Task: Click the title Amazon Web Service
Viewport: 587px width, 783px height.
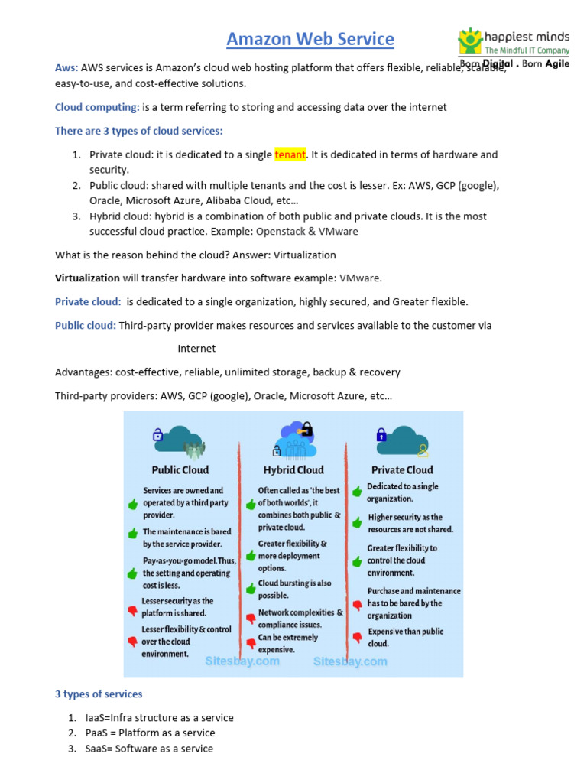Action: coord(310,39)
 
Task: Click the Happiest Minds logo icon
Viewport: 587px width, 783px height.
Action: coord(470,41)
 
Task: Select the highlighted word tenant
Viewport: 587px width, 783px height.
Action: coord(290,154)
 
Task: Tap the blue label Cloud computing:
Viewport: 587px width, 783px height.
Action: coord(97,107)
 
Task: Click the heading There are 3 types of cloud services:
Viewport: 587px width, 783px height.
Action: coord(138,131)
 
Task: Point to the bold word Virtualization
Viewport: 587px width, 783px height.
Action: coord(87,278)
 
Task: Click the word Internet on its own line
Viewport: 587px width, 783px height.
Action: coord(196,349)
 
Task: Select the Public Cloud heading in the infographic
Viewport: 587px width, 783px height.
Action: coord(180,469)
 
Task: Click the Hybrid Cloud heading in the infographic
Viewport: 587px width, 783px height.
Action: coord(293,469)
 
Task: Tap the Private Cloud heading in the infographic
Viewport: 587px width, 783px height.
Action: coord(402,469)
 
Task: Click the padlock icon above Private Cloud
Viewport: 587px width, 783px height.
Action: coord(381,435)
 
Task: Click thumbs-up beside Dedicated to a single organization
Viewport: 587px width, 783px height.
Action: coord(357,491)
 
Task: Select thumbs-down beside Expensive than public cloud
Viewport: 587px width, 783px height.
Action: coord(357,637)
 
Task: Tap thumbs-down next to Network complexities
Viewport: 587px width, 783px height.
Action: coord(250,618)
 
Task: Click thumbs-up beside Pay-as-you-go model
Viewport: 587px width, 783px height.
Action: coord(132,573)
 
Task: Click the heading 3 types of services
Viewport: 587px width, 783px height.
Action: coord(99,694)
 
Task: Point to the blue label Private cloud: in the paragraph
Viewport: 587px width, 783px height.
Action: coord(88,301)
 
